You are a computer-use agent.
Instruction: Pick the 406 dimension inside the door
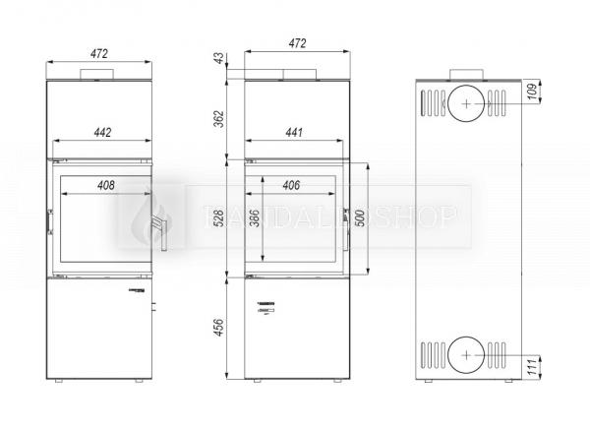pyautogui.click(x=291, y=185)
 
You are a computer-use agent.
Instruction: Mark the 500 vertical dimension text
pyautogui.click(x=361, y=219)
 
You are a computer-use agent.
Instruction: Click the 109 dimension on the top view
pyautogui.click(x=532, y=92)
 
